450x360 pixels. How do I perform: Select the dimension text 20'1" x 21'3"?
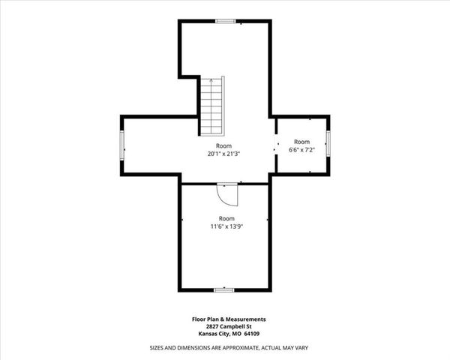(223, 154)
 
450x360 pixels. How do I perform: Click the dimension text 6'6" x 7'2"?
(301, 149)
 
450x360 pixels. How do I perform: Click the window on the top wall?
(225, 21)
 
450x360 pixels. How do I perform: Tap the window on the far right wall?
(328, 142)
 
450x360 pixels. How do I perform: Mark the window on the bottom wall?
(224, 289)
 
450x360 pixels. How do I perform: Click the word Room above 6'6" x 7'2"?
(301, 141)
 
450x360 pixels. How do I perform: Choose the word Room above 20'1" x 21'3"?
(223, 145)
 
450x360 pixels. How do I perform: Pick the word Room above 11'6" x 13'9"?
(226, 217)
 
